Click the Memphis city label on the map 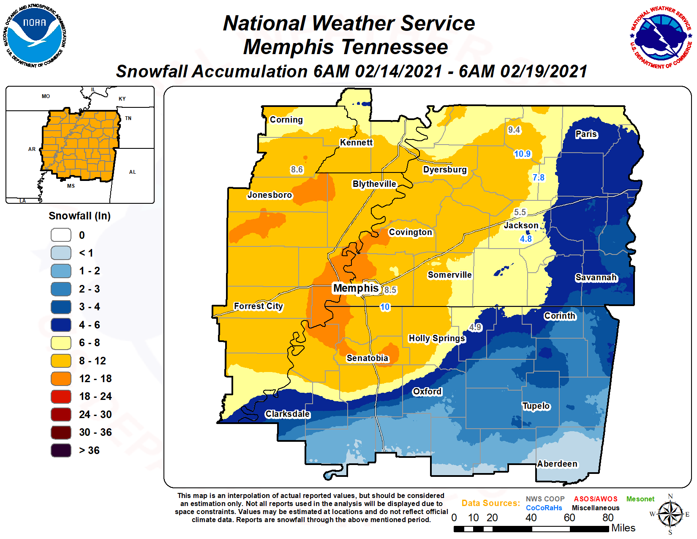pos(356,288)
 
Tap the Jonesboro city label pos(270,195)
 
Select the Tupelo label pos(536,406)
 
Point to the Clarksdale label pos(287,414)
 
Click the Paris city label pos(586,134)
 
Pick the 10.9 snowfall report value pos(522,154)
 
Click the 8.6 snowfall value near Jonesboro pos(297,170)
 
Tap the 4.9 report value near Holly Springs pos(475,327)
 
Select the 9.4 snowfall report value pos(514,130)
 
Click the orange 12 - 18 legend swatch pos(61,379)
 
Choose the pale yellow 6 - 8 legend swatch pos(61,343)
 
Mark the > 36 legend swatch pos(61,451)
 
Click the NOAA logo pos(35,36)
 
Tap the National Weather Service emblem pos(661,37)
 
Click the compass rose pos(670,514)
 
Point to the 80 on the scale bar pos(607,517)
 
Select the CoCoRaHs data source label pos(544,508)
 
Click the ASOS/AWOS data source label pos(595,499)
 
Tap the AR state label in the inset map pos(32,149)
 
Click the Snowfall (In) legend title pos(79,216)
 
